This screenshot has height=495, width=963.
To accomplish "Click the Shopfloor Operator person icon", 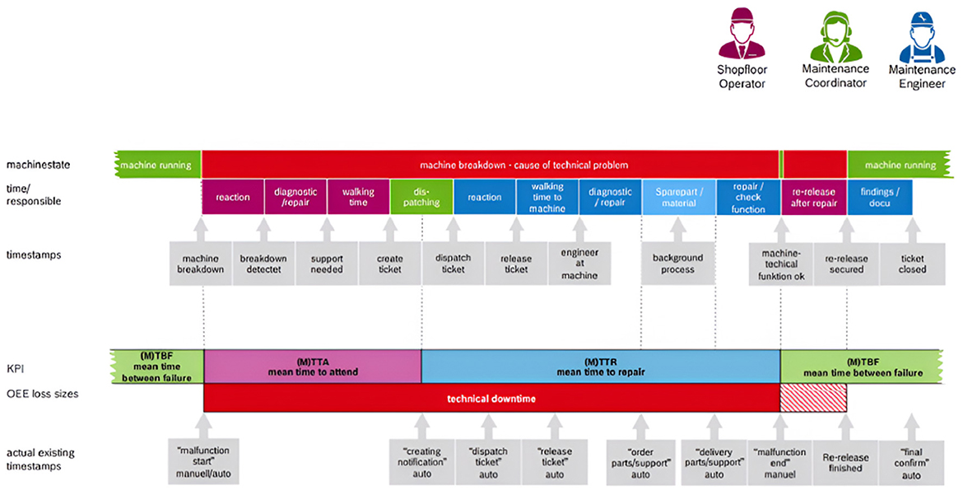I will point(742,38).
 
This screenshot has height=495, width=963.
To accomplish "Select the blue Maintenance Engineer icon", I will point(922,38).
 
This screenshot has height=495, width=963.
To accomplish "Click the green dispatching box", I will point(421,197).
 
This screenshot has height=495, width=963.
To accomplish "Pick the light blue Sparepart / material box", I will point(678,197).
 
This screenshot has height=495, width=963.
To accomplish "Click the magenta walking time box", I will point(358,197).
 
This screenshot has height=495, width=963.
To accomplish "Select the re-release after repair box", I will point(813,197).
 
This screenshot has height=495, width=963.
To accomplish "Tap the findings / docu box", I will point(879,197).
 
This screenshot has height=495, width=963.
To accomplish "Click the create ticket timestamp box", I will point(390,264).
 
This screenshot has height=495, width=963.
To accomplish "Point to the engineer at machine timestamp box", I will point(579,264).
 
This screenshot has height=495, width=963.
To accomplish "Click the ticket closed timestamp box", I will point(912,264).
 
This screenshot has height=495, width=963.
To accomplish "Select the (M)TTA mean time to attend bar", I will point(312,367).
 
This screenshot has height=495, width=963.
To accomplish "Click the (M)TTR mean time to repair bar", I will point(601,367).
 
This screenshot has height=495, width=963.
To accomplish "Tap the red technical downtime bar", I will point(491,399).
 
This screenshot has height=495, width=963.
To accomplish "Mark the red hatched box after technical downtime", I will point(813,399).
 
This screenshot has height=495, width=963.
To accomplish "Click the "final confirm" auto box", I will point(910,462).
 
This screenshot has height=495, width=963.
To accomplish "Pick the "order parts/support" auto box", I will point(640,462).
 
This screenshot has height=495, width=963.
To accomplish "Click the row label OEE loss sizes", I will point(44,394).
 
